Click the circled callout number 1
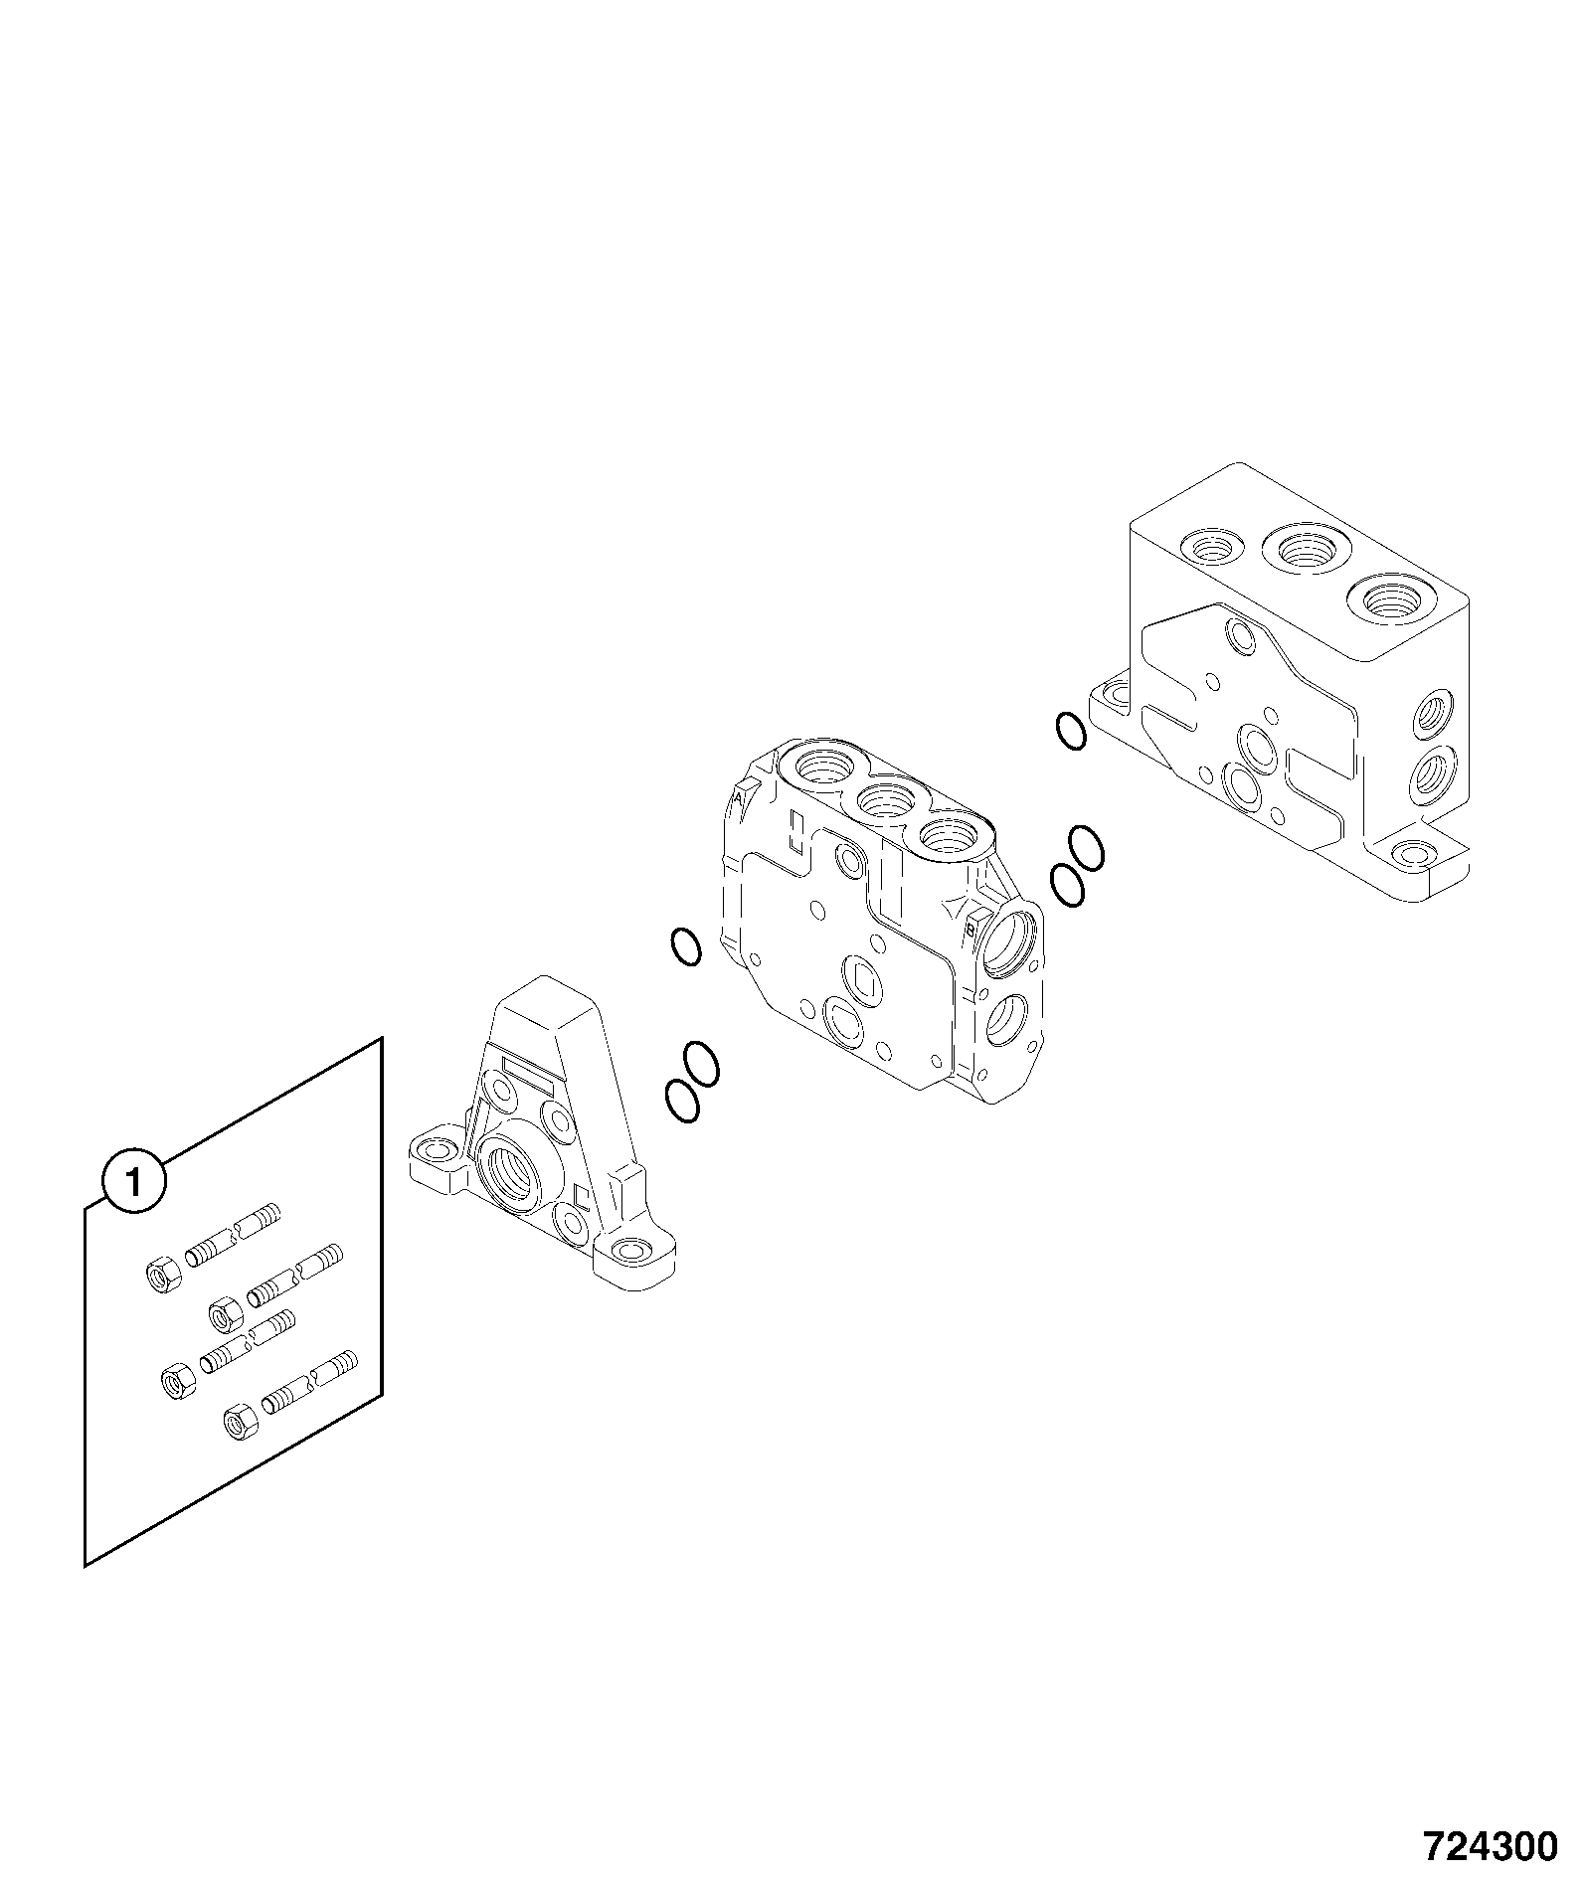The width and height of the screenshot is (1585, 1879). [136, 1181]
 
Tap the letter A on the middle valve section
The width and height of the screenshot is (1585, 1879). [740, 797]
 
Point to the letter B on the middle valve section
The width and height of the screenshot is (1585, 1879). [970, 930]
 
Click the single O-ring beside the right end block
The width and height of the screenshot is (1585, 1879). [1072, 731]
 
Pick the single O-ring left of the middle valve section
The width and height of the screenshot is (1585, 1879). [686, 946]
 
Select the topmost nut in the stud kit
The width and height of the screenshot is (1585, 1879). [161, 1276]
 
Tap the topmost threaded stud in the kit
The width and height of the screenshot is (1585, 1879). [233, 1235]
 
